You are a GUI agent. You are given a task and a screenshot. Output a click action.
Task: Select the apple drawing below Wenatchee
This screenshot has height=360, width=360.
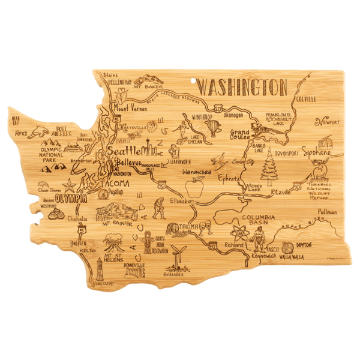tap(194, 191)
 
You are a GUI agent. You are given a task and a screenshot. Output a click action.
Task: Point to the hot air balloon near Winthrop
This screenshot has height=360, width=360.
tap(214, 128)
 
